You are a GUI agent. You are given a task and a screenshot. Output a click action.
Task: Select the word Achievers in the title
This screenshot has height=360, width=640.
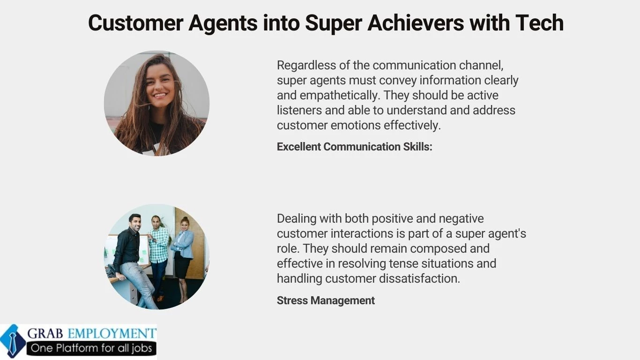coord(424,22)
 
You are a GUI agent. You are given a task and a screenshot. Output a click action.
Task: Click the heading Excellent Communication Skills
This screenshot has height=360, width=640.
coord(354,147)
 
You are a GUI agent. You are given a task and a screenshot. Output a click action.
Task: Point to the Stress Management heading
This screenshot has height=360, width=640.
coord(326,300)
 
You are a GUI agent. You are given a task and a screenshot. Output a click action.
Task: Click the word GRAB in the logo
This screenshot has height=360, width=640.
coord(46,334)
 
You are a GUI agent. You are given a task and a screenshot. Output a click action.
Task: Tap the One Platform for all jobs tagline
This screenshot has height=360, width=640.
coord(91,348)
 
